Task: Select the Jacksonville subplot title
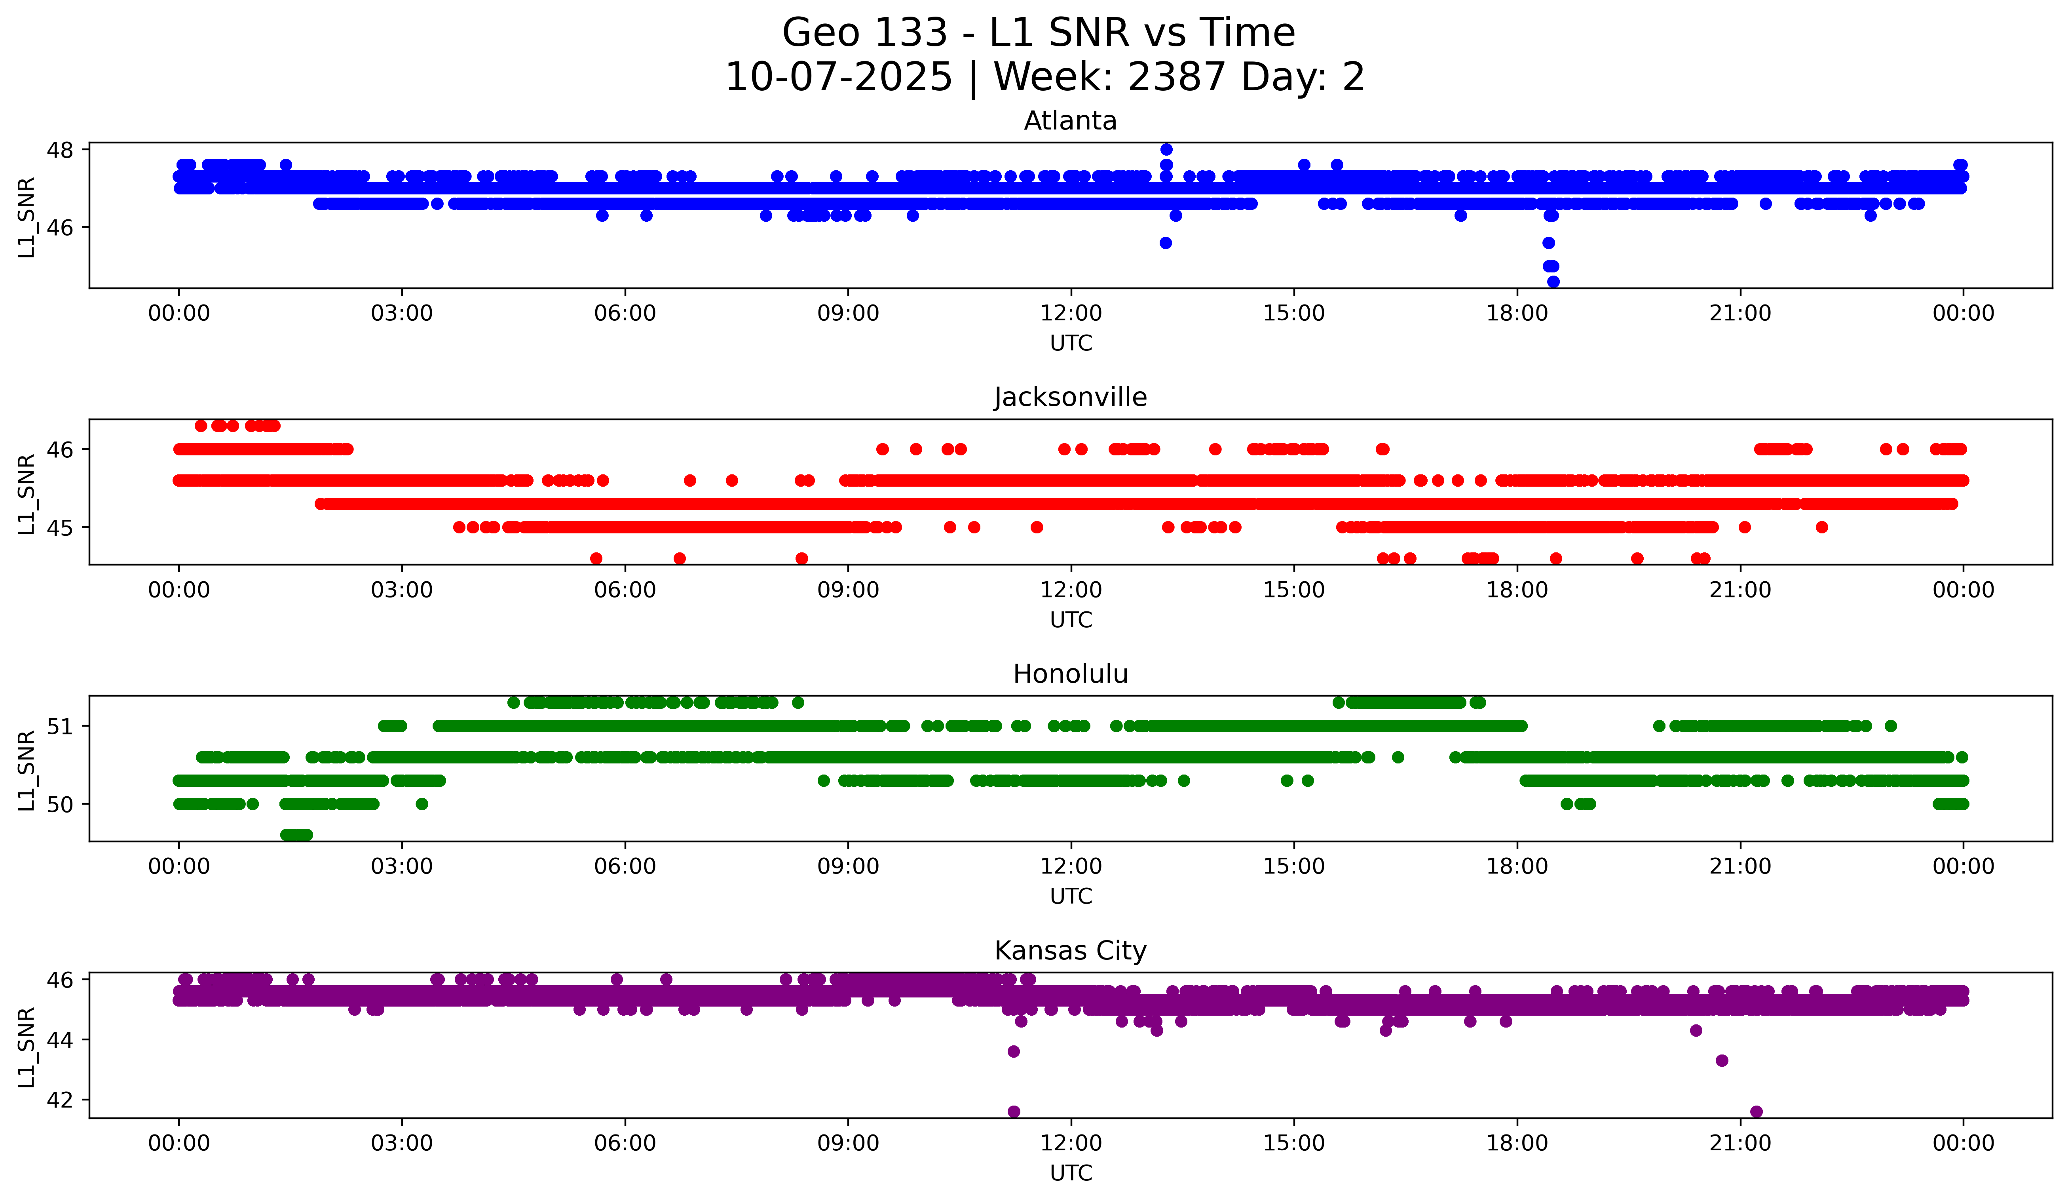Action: coord(1070,397)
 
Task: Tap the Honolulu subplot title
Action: coord(1070,674)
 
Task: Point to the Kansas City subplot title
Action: coord(1070,951)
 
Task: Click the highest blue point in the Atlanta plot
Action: coord(1166,149)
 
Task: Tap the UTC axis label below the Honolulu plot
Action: coord(1071,896)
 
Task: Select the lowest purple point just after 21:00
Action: coord(1756,1112)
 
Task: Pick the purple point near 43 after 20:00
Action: coord(1722,1060)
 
